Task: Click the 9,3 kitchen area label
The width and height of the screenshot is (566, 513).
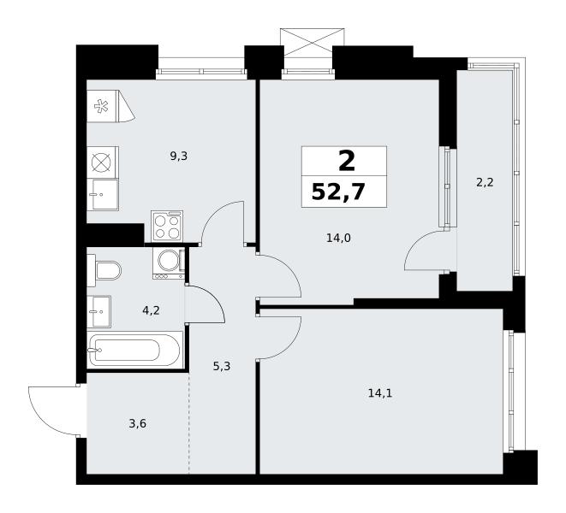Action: pyautogui.click(x=179, y=156)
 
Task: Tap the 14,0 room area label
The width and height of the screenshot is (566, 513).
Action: pyautogui.click(x=338, y=238)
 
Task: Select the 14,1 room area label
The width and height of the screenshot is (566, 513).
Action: pyautogui.click(x=380, y=393)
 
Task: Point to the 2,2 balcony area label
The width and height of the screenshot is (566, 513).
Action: pyautogui.click(x=485, y=183)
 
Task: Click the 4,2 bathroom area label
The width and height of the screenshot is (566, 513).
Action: pyautogui.click(x=151, y=310)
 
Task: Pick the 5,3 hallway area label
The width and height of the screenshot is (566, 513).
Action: pyautogui.click(x=222, y=367)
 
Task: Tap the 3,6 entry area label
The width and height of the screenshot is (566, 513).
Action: pyautogui.click(x=138, y=423)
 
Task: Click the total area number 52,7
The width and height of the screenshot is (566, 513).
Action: pyautogui.click(x=338, y=192)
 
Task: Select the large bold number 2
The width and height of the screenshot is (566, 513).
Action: pyautogui.click(x=347, y=161)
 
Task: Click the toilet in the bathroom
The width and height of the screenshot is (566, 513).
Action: pyautogui.click(x=104, y=270)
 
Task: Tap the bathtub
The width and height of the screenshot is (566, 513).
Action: pyautogui.click(x=134, y=350)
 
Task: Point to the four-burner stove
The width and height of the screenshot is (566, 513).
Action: pyautogui.click(x=167, y=227)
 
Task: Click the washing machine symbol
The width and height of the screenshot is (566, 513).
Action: pyautogui.click(x=168, y=262)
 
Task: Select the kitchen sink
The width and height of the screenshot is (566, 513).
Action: pyautogui.click(x=103, y=194)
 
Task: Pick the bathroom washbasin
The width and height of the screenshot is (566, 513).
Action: pyautogui.click(x=98, y=311)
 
